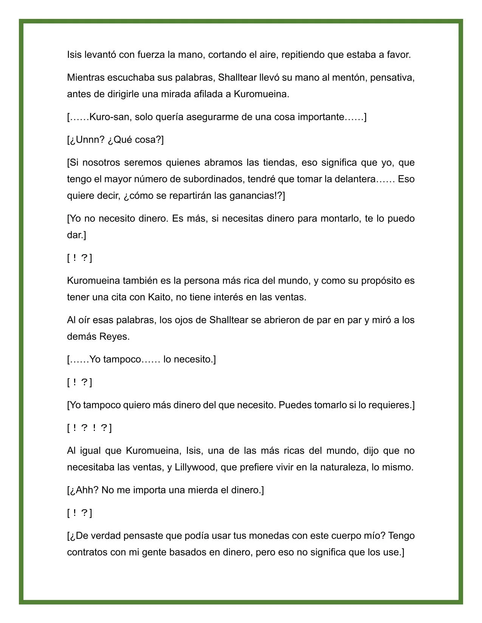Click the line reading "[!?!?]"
click(90, 428)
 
